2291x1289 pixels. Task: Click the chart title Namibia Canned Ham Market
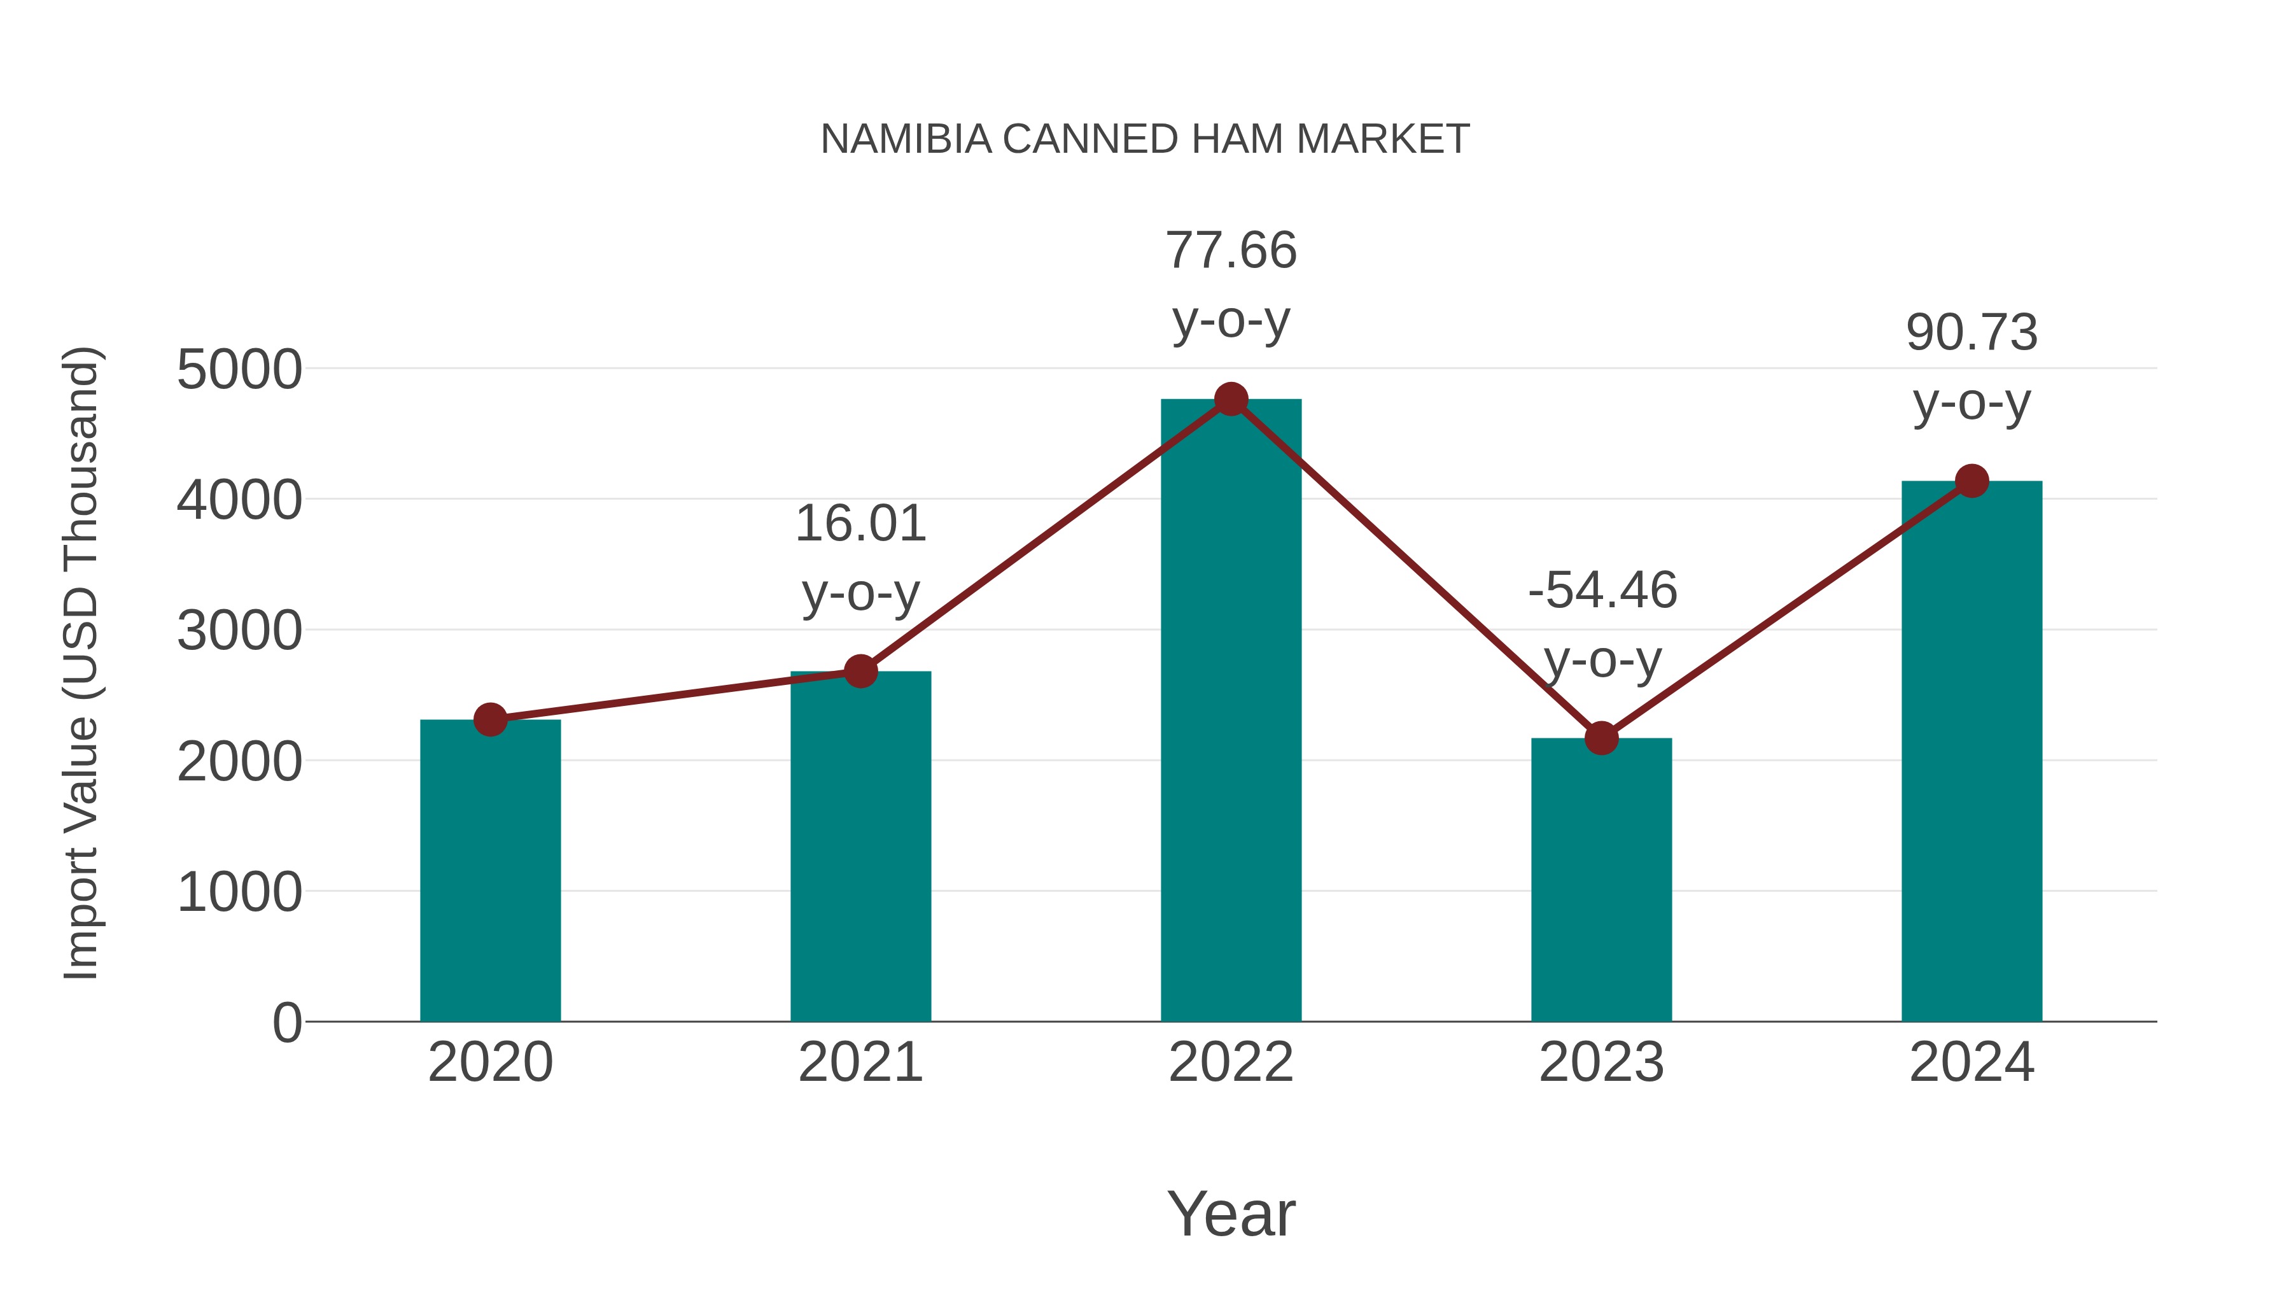[x=1145, y=139]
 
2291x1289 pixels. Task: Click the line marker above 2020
[x=490, y=720]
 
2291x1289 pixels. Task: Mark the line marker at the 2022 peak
[x=1231, y=399]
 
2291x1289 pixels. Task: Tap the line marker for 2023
[x=1601, y=738]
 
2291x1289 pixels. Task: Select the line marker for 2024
[x=1972, y=481]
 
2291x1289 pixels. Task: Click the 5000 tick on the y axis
[x=239, y=369]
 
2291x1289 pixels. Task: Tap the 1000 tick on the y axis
[x=239, y=892]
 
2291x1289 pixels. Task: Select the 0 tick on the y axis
[x=287, y=1023]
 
